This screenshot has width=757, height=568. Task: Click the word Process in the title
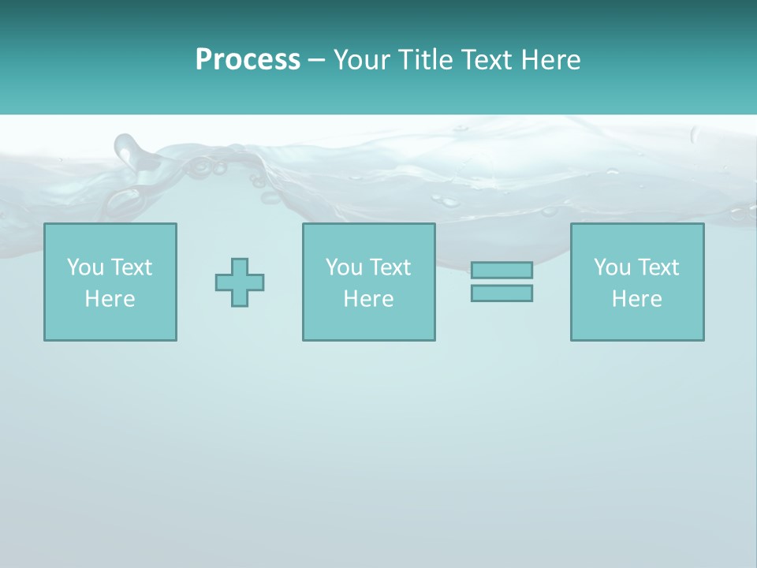coord(248,59)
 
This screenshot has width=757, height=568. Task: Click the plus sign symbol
coord(240,282)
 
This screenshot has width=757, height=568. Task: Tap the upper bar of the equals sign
coord(502,270)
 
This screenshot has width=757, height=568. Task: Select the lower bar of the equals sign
coord(502,293)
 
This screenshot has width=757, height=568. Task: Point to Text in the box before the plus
coord(131,267)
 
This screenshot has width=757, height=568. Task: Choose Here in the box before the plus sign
coord(110,299)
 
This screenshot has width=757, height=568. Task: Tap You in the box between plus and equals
coord(345,267)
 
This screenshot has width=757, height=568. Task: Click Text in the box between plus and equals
coord(390,267)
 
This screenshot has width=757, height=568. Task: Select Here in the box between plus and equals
coord(368,299)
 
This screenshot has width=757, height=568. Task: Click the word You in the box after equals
coord(613,267)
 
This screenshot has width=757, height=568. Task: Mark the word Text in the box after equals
coord(658,267)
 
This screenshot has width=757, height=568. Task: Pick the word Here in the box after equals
coord(636,299)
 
